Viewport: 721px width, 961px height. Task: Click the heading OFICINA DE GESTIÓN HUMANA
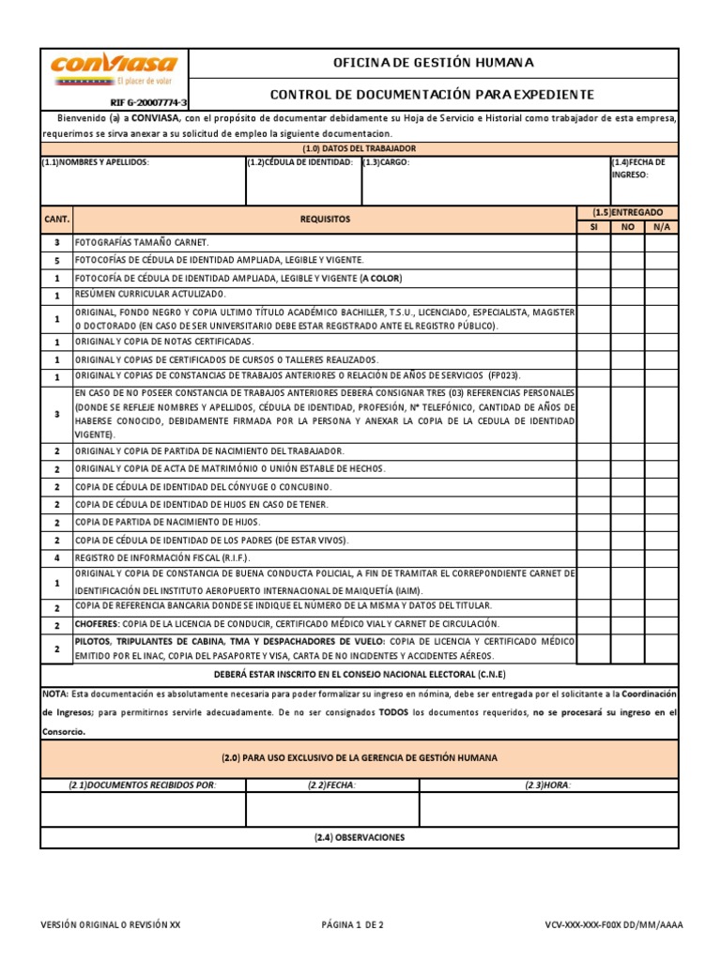[x=433, y=63]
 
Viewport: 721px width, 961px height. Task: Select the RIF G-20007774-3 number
[x=148, y=101]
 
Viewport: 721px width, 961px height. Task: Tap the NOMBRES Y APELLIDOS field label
[x=96, y=162]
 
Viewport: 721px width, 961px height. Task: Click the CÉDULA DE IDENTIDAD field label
[x=301, y=162]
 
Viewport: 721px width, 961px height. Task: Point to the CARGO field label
[x=387, y=162]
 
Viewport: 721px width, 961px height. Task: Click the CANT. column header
[x=56, y=219]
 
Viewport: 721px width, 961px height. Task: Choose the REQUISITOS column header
[x=325, y=219]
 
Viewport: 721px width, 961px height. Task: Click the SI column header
[x=593, y=226]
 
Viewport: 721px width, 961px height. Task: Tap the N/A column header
[x=662, y=226]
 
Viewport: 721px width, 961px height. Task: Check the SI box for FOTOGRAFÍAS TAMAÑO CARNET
[x=593, y=242]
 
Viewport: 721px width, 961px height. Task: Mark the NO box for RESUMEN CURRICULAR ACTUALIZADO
[x=627, y=295]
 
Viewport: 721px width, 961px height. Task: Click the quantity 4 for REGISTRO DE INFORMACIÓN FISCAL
[x=56, y=557]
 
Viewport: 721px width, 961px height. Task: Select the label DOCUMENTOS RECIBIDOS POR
[x=143, y=786]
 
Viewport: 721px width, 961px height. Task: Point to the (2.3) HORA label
[x=548, y=786]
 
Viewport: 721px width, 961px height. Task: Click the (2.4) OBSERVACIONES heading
[x=360, y=837]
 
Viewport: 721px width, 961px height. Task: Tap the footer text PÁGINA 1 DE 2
[x=352, y=924]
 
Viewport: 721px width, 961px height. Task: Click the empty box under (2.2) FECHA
[x=332, y=809]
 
